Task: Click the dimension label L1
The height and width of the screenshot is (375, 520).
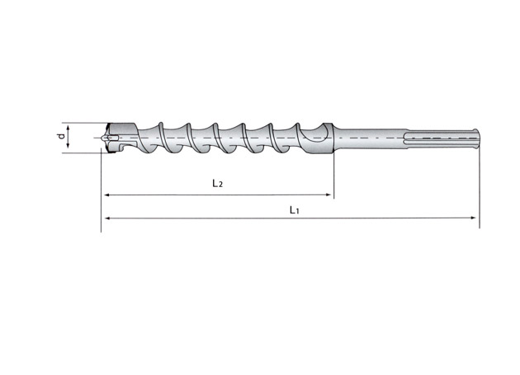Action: coord(294,210)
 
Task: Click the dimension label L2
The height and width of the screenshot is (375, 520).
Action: coord(216,184)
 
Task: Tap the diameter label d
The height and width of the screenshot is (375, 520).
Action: coord(61,137)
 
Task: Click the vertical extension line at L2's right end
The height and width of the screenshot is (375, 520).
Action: coord(333,177)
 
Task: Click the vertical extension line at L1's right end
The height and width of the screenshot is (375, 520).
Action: coord(478,190)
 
